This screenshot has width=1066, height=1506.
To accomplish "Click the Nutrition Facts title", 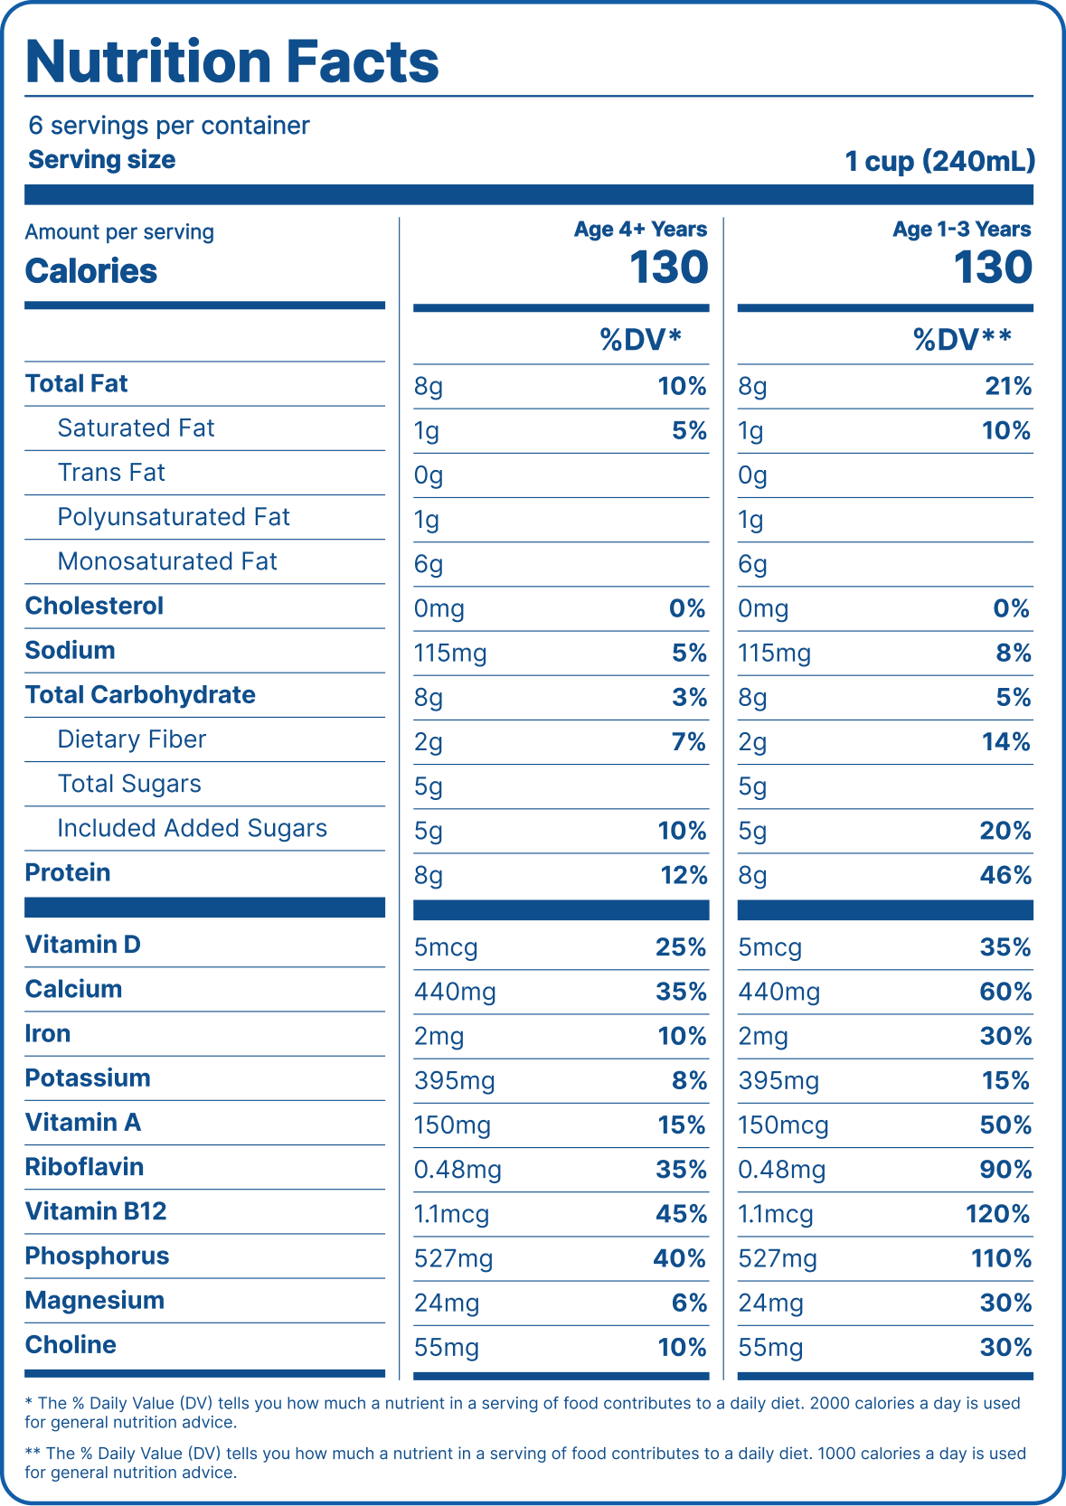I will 232,61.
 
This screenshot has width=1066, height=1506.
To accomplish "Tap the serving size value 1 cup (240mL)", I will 939,161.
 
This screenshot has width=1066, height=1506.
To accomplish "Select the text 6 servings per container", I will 169,126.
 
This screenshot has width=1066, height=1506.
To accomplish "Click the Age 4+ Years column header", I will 640,230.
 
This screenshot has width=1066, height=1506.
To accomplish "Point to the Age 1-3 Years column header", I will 961,230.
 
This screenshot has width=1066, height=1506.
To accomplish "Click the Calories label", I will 91,271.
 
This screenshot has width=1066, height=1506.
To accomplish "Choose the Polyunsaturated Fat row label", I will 174,517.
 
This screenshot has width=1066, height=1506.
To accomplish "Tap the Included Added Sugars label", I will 192,828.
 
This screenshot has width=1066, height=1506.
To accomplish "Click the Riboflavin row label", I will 84,1167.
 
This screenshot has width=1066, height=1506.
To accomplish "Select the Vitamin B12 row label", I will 96,1211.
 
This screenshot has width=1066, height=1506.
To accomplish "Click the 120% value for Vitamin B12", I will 998,1214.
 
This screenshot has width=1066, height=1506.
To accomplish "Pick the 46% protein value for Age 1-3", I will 1005,875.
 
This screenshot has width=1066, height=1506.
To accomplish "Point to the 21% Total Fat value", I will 1008,387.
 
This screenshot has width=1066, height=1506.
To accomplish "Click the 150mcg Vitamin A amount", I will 783,1125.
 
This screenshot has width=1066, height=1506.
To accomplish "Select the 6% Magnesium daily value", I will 689,1303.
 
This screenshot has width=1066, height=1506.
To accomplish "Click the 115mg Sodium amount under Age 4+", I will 450,653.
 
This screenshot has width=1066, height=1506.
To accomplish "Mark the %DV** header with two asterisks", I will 962,340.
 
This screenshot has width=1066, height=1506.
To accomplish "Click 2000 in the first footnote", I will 828,1403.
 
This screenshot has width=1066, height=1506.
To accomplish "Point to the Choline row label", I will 71,1345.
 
